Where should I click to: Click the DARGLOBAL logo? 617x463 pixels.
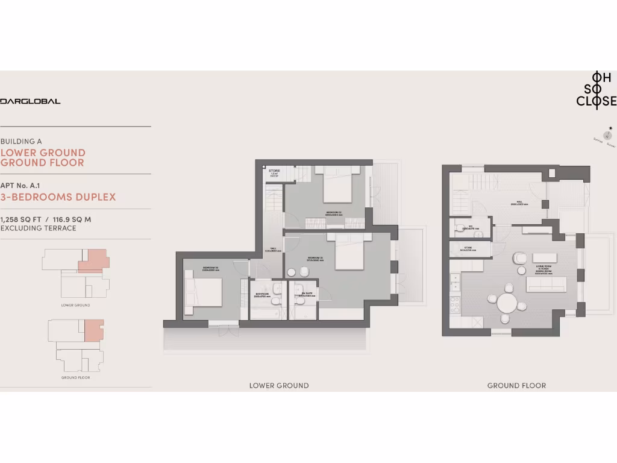click(30, 101)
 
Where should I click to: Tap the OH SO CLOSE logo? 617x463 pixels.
click(596, 89)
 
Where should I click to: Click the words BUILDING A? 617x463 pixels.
click(21, 141)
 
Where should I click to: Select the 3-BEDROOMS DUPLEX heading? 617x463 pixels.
click(58, 197)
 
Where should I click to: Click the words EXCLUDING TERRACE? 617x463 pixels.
click(39, 228)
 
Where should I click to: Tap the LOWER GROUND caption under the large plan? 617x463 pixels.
click(279, 385)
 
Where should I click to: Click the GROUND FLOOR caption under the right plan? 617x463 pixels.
click(516, 385)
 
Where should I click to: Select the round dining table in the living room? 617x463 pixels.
click(507, 302)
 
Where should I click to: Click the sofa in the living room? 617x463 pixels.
click(546, 284)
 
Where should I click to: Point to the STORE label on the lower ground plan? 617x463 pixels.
click(274, 171)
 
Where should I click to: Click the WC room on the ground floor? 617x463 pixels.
click(471, 228)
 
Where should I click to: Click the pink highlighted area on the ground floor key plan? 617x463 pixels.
click(94, 330)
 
